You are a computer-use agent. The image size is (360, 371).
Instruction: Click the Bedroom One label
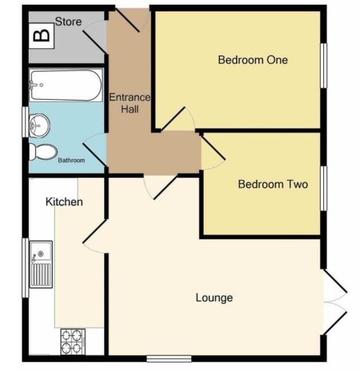pyautogui.click(x=253, y=60)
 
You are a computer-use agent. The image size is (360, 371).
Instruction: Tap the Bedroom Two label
pyautogui.click(x=273, y=184)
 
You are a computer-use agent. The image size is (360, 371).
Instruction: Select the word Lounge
pyautogui.click(x=214, y=298)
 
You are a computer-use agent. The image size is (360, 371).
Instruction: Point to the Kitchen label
pyautogui.click(x=64, y=202)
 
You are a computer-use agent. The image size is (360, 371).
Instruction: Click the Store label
pyautogui.click(x=68, y=22)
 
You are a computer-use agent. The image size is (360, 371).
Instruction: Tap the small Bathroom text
pyautogui.click(x=71, y=160)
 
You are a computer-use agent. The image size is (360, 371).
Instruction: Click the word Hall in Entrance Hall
pyautogui.click(x=130, y=109)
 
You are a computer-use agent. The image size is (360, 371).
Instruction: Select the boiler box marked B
pyautogui.click(x=41, y=36)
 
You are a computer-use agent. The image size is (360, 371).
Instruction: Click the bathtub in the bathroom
pyautogui.click(x=66, y=85)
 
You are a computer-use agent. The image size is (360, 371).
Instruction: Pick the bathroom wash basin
pyautogui.click(x=39, y=125)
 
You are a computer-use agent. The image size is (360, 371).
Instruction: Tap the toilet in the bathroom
pyautogui.click(x=43, y=152)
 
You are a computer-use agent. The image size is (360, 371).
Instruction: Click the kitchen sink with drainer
pyautogui.click(x=41, y=265)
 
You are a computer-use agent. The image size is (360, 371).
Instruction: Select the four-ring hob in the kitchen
pyautogui.click(x=73, y=342)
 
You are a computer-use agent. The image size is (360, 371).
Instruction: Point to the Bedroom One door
pyautogui.click(x=178, y=119)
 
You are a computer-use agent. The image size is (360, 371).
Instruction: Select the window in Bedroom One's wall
pyautogui.click(x=323, y=66)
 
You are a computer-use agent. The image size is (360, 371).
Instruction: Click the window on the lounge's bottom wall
pyautogui.click(x=169, y=359)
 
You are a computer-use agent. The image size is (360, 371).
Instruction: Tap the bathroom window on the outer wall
pyautogui.click(x=25, y=122)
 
